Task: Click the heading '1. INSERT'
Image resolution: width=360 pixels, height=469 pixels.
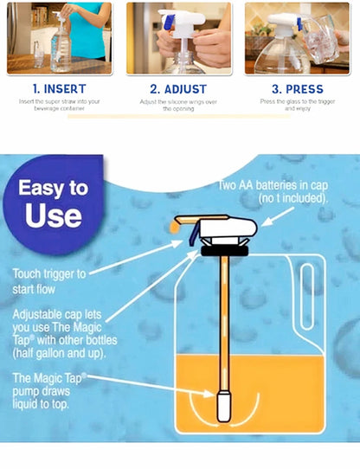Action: [60, 88]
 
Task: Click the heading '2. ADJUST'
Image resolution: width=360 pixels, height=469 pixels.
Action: [179, 88]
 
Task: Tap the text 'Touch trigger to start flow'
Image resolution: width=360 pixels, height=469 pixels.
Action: [52, 281]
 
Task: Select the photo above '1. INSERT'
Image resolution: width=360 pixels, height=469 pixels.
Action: [60, 37]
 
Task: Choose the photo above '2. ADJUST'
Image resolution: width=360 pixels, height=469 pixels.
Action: [179, 37]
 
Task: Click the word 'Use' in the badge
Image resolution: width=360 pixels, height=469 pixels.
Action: [54, 216]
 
